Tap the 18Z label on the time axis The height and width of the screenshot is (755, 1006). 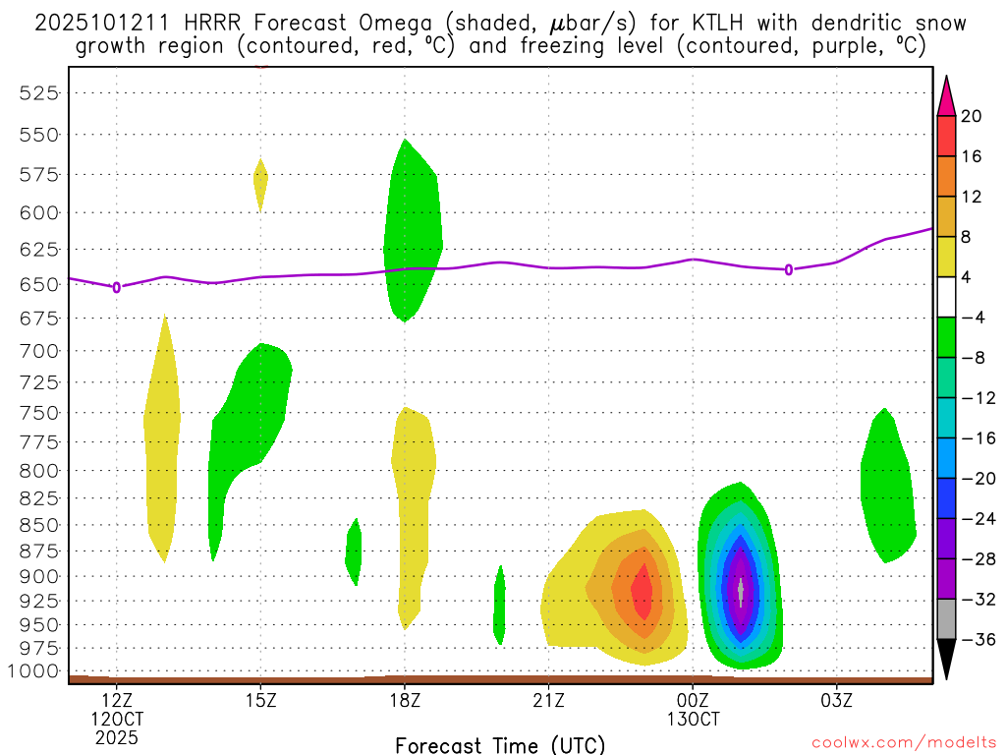pos(405,701)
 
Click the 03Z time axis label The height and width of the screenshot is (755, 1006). pos(836,701)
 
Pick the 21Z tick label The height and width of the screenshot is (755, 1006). pos(548,701)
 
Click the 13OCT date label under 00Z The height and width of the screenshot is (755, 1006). pos(693,719)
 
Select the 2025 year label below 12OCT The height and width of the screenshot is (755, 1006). pos(117,736)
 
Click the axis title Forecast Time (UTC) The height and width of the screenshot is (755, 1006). pos(500,744)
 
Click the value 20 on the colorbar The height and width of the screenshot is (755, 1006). pos(972,116)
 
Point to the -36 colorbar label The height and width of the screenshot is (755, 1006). pos(971,639)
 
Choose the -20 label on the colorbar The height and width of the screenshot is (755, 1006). pos(971,479)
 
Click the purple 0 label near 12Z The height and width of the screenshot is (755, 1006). pos(117,287)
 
